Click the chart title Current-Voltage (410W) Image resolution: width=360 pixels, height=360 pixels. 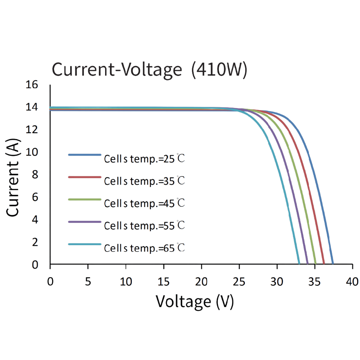pyautogui.click(x=149, y=69)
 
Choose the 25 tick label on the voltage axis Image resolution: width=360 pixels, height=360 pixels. pyautogui.click(x=239, y=281)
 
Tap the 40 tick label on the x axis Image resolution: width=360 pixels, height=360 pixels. pyautogui.click(x=352, y=281)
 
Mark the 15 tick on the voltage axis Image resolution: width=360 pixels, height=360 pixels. pyautogui.click(x=163, y=281)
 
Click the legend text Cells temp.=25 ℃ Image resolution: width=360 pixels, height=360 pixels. pyautogui.click(x=144, y=159)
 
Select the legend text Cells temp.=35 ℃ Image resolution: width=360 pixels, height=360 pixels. pyautogui.click(x=144, y=181)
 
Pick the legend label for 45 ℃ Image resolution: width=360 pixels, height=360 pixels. pyautogui.click(x=144, y=203)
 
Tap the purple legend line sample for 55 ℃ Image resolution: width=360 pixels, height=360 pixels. pyautogui.click(x=84, y=222)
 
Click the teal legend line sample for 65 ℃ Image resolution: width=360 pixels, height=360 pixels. pyautogui.click(x=84, y=244)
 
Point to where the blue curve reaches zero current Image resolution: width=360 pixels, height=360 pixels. pyautogui.click(x=333, y=264)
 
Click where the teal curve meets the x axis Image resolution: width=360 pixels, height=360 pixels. pyautogui.click(x=299, y=264)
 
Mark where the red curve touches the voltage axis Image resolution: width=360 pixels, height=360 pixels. pyautogui.click(x=324, y=264)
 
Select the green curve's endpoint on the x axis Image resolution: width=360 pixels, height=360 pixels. pyautogui.click(x=315, y=264)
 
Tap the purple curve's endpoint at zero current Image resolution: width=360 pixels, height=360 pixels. pyautogui.click(x=307, y=264)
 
